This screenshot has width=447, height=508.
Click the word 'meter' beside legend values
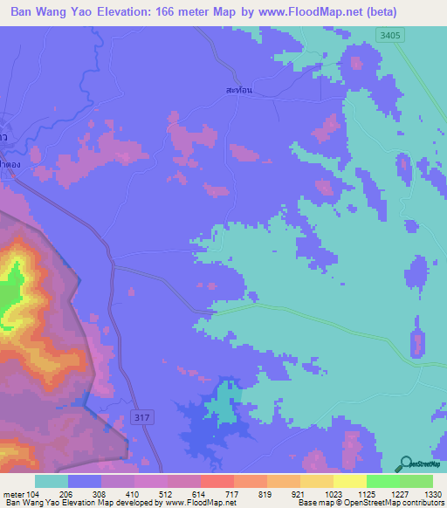coord(13,495)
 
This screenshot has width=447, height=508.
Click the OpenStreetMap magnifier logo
coord(403,465)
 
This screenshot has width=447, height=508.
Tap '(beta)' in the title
coord(374,12)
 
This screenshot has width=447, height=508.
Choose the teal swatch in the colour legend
coord(52,481)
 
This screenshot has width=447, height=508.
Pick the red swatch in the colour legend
coord(217,481)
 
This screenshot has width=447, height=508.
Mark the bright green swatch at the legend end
coord(416,481)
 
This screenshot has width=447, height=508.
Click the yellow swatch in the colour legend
coord(350,481)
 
